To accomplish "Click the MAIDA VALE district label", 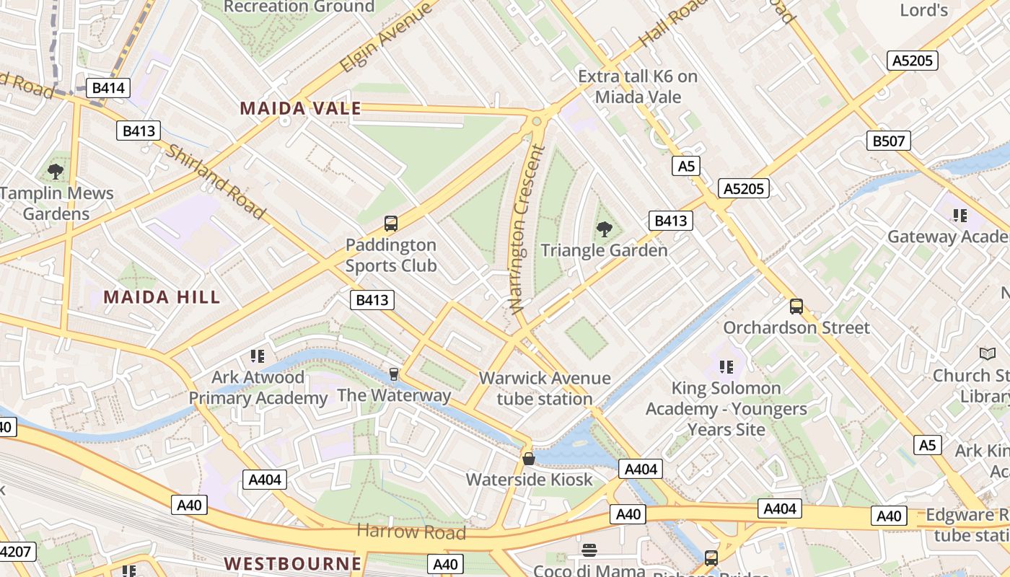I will pos(300,109).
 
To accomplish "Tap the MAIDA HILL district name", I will pos(162,297).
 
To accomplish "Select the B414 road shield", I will pos(108,89).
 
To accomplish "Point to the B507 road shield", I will pos(888,141).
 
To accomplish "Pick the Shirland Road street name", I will pos(216,181).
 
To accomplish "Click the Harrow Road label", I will pos(411,532).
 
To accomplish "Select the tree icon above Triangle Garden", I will pos(604,229).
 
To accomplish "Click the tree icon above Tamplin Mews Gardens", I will pos(56,172).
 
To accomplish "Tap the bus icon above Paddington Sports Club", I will pos(390,224).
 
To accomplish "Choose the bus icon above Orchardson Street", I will pos(796,307).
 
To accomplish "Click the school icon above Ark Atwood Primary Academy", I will pos(258,356).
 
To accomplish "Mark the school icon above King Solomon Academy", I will pos(726,366).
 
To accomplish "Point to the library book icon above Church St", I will pos(987,354).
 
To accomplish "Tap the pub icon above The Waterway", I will pos(393,374).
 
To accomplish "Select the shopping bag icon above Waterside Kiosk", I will pos(529,459).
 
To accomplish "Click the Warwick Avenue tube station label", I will pos(545,388).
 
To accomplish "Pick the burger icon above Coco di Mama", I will pos(589,550).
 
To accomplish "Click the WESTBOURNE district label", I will pos(292,563).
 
